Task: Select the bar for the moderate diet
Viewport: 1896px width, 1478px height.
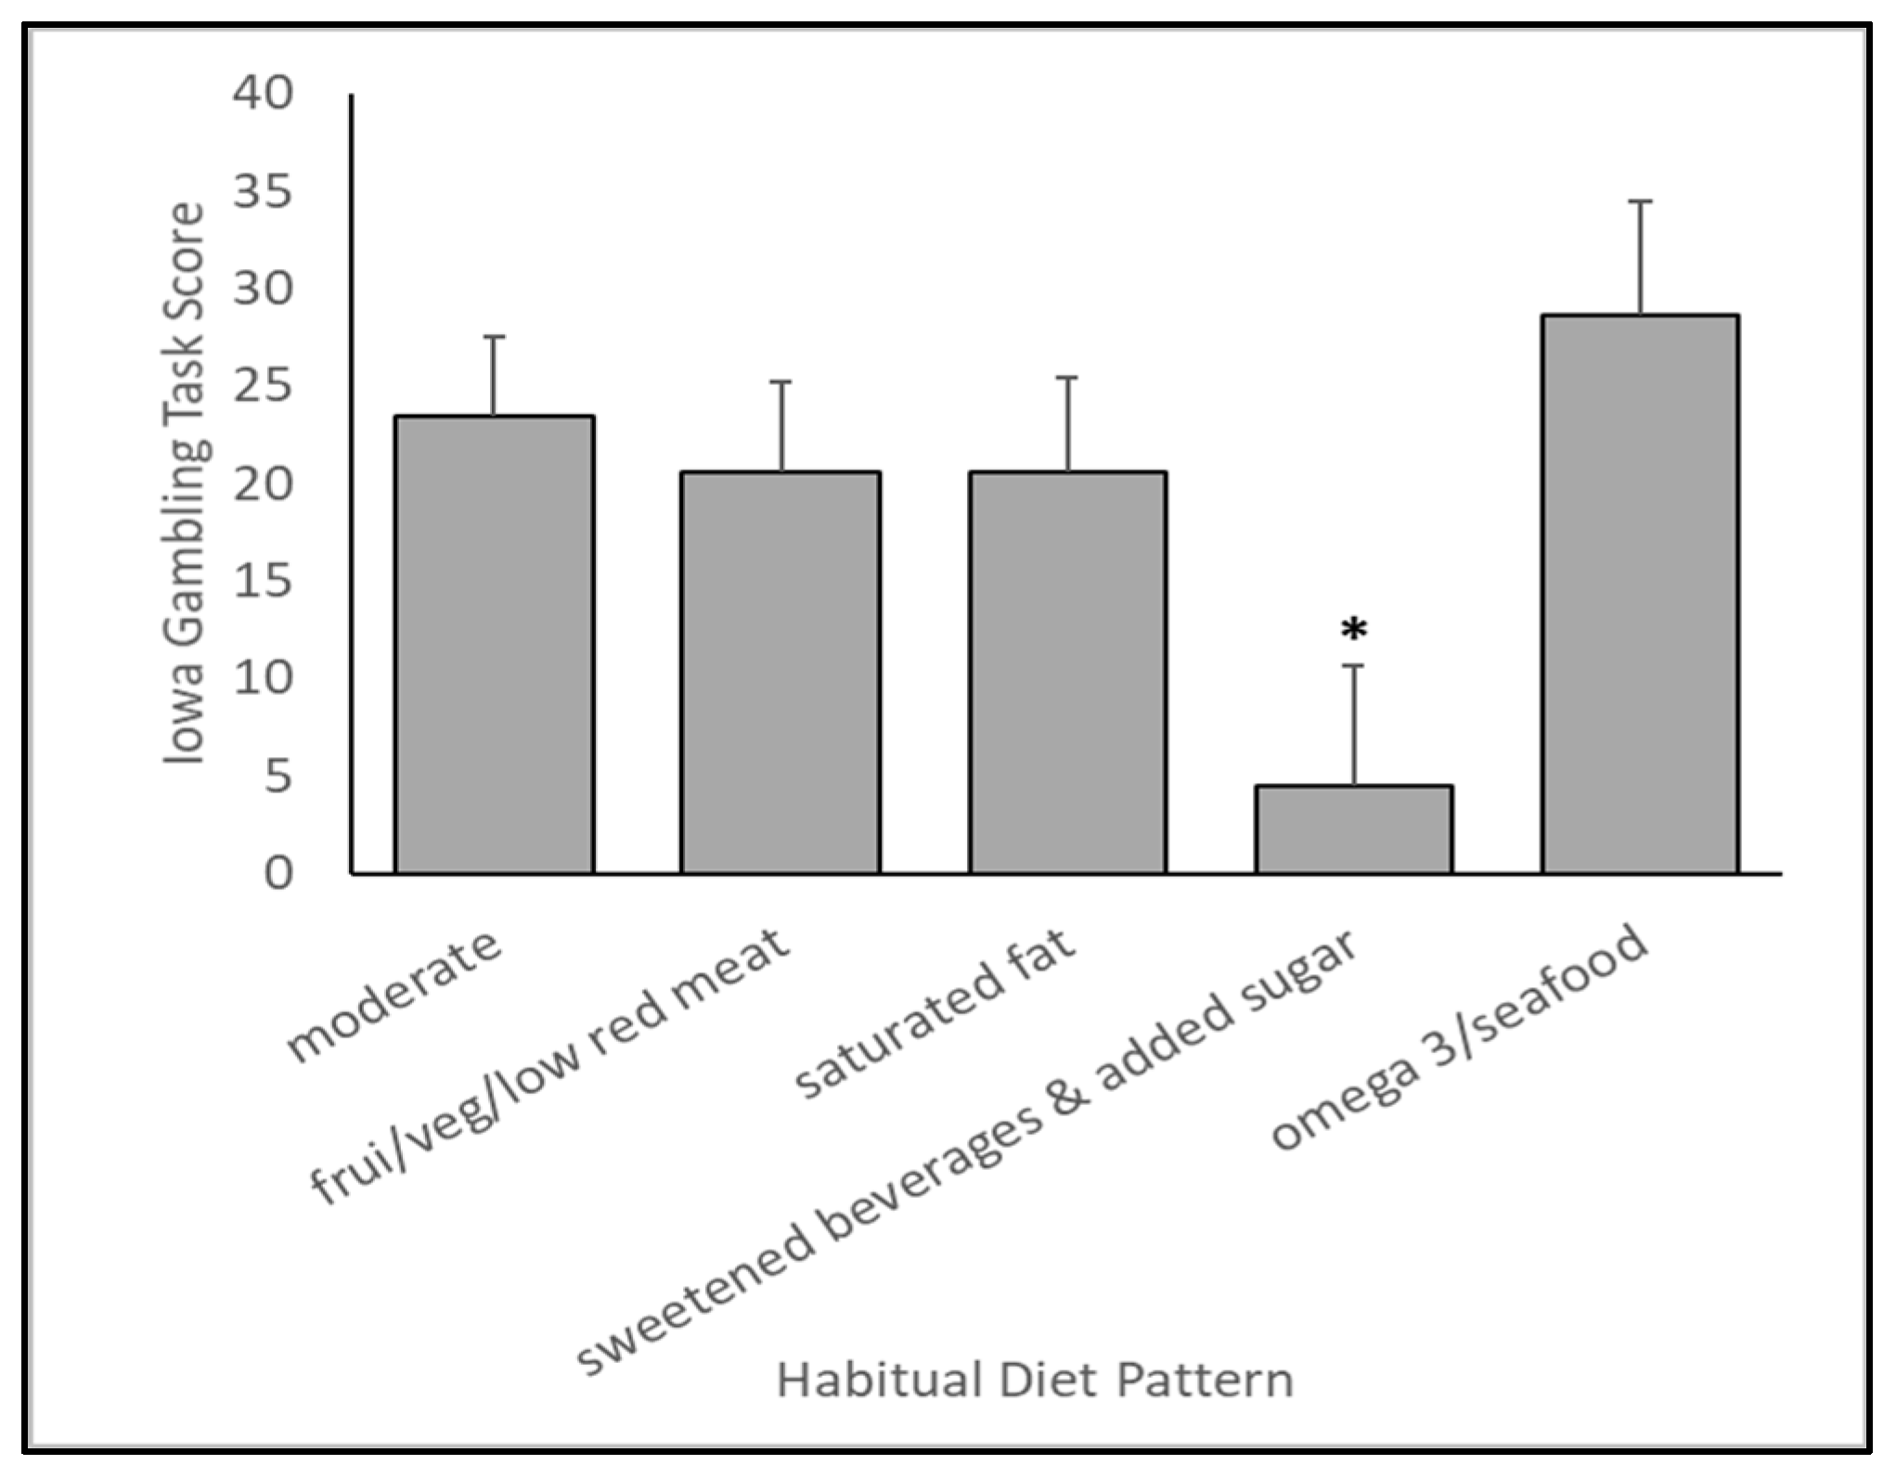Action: point(494,644)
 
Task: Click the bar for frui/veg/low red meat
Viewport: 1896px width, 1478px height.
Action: point(780,672)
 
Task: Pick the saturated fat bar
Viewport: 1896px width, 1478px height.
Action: point(1067,672)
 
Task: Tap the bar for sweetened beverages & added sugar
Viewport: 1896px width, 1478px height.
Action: point(1353,829)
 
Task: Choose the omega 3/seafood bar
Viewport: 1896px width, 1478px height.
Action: point(1640,594)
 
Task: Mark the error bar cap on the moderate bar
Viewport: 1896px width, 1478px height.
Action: point(494,337)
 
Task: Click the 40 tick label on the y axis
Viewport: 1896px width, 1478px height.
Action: point(264,94)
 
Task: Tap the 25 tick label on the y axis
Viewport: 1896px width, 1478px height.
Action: point(264,387)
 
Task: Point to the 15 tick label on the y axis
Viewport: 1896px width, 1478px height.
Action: point(264,582)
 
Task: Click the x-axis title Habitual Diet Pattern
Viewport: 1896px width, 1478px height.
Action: point(1035,1381)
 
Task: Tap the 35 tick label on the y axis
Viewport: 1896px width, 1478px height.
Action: point(264,192)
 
